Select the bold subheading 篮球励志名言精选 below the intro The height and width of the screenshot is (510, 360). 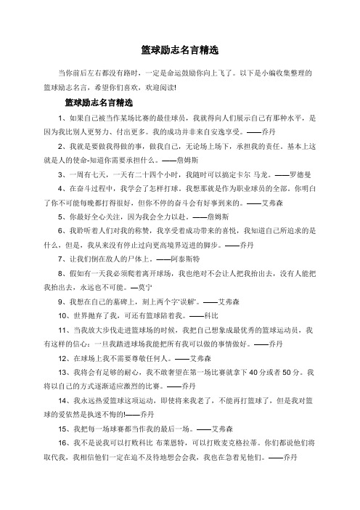pos(99,102)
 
